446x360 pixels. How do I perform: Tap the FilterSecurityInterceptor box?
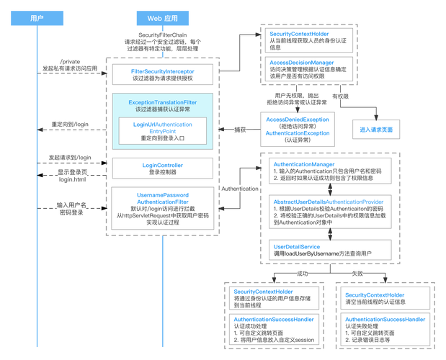[x=162, y=75]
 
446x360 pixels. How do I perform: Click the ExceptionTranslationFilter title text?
[x=162, y=103]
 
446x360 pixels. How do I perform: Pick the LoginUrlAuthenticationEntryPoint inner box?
[x=162, y=130]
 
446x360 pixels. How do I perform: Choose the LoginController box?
[x=162, y=169]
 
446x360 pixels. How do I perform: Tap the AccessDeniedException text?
[x=296, y=119]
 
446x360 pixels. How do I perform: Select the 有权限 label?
[x=340, y=96]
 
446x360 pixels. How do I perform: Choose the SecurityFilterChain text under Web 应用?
[x=161, y=35]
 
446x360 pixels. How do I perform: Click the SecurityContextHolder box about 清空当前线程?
[x=381, y=299]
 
